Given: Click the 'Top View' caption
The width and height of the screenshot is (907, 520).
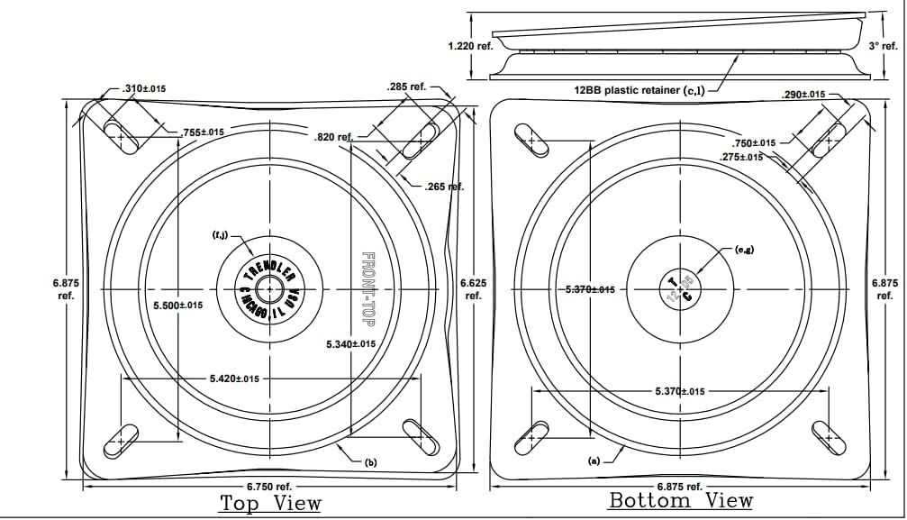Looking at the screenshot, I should pyautogui.click(x=270, y=503).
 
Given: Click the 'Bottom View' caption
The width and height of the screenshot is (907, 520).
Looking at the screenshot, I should pyautogui.click(x=681, y=500).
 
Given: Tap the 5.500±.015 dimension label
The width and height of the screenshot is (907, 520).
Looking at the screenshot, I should pyautogui.click(x=177, y=306).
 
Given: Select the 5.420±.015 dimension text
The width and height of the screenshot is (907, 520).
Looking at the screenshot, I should pyautogui.click(x=234, y=379).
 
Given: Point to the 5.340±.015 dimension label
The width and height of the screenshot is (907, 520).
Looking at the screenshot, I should pyautogui.click(x=351, y=343).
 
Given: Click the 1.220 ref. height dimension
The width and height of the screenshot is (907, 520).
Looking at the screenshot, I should pyautogui.click(x=470, y=45).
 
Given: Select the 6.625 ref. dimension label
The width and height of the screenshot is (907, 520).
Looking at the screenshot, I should pyautogui.click(x=473, y=288).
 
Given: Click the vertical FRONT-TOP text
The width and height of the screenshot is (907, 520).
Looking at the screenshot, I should pyautogui.click(x=367, y=287).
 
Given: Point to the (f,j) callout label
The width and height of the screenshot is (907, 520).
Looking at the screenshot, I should pyautogui.click(x=219, y=236).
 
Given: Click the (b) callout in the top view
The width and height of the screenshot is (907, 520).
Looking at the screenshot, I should pyautogui.click(x=370, y=462).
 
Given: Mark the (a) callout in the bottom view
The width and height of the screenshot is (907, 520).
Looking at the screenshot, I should pyautogui.click(x=594, y=461).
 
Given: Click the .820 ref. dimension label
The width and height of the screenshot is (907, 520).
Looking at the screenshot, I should pyautogui.click(x=332, y=138).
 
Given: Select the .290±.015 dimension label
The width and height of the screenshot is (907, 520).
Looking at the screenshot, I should pyautogui.click(x=804, y=95).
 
